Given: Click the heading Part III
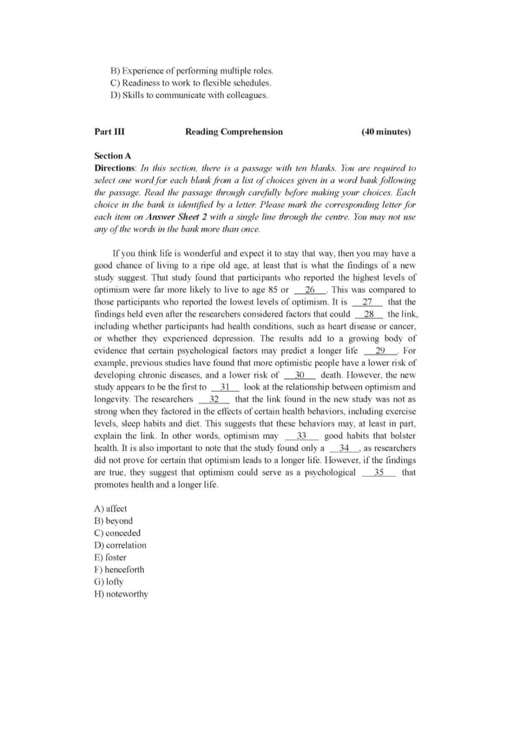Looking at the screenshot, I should [x=109, y=132].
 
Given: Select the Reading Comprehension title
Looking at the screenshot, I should [x=234, y=132].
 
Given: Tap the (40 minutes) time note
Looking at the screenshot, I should [x=386, y=132].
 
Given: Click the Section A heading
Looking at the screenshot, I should [x=112, y=156].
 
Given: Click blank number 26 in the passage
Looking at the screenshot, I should [x=310, y=290].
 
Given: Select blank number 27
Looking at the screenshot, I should [x=367, y=302].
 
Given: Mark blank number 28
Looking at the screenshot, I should [x=369, y=314].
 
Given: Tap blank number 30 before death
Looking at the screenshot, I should [x=299, y=375].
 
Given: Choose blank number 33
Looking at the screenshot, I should [x=301, y=436].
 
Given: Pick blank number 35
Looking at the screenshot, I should [x=379, y=472].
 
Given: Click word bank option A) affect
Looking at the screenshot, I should [x=111, y=509].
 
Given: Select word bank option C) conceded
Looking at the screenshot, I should [x=117, y=533].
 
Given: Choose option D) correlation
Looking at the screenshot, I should [x=120, y=545].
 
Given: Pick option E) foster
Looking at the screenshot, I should [x=110, y=557].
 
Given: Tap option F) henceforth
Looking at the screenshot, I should [x=119, y=570].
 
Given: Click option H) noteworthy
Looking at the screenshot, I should [x=121, y=594].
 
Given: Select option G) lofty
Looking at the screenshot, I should [x=109, y=582].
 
